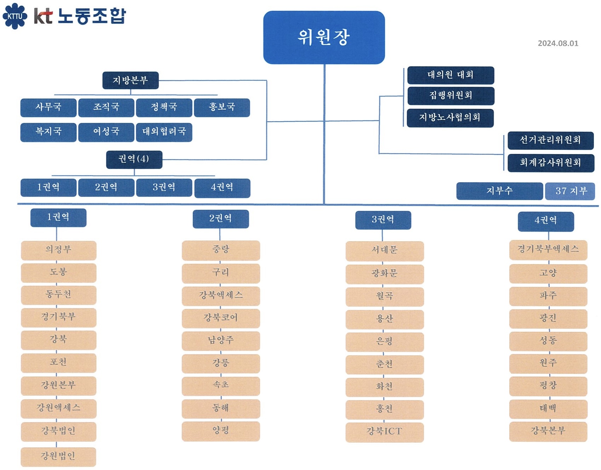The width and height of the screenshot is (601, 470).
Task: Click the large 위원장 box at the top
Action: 324,38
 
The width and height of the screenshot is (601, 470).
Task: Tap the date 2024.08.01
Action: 558,43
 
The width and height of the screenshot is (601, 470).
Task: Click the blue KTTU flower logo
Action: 15,16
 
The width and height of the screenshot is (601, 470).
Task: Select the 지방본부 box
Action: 130,80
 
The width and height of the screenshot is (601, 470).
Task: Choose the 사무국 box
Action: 49,108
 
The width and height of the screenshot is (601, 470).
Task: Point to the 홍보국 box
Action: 222,108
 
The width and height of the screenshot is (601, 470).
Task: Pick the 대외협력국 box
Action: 164,132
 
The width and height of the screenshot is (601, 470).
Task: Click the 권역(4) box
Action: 134,160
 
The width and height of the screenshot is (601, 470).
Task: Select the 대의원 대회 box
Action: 450,75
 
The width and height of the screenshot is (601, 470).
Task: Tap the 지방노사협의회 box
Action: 450,118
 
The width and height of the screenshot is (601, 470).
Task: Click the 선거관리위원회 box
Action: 551,141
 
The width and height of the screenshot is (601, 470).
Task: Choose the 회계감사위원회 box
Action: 551,163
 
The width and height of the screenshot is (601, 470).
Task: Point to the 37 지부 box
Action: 570,191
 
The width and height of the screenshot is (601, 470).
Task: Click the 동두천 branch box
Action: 58,295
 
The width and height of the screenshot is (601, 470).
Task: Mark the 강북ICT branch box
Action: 385,432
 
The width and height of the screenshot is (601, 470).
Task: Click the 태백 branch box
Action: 548,409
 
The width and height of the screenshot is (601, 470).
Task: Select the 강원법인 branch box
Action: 58,457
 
